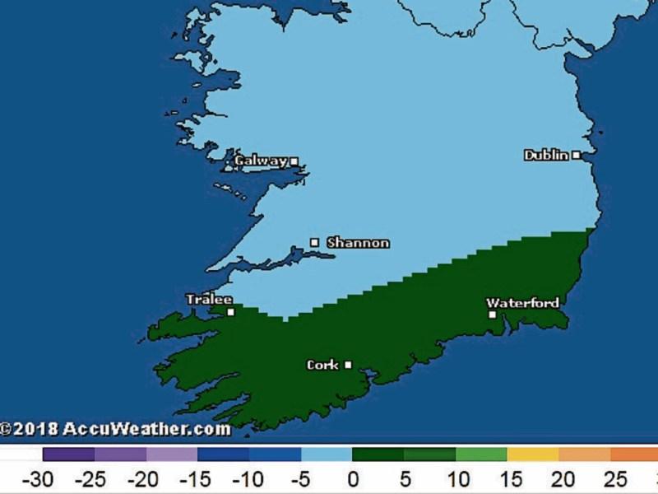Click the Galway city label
coord(261,161)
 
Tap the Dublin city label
coord(546,155)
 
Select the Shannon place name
coord(358,243)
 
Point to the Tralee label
coord(209,300)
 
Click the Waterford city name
coord(522,303)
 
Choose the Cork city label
coord(322,365)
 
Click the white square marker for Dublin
coord(577,155)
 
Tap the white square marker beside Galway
coord(294,161)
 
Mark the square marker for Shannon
coord(314,242)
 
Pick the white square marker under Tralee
coord(231,312)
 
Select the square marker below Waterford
coord(492,314)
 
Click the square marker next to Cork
coord(348,365)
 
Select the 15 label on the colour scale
coord(507,479)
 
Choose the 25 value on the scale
coord(610,479)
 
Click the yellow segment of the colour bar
coord(532,454)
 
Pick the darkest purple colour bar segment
coord(68,454)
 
